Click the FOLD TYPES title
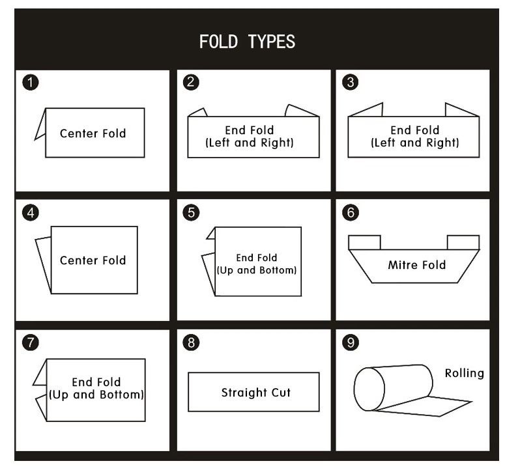click(247, 42)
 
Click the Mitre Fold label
click(416, 265)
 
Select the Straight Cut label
click(255, 393)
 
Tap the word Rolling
click(464, 373)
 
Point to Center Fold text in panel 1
click(93, 133)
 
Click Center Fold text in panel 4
click(93, 260)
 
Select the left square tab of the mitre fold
click(364, 242)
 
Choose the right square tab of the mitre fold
click(463, 242)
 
